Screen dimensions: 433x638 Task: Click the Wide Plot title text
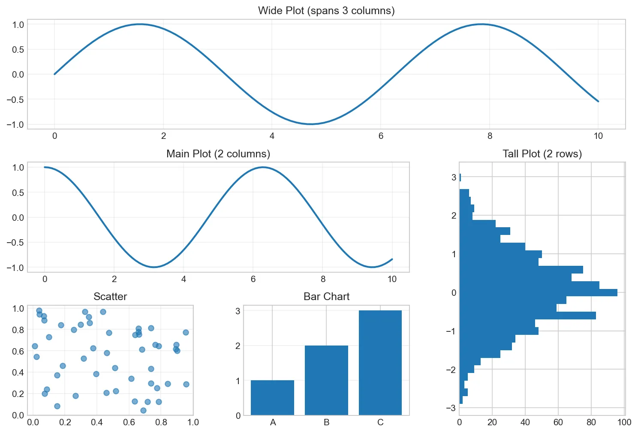(x=326, y=11)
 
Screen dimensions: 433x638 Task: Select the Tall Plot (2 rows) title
(x=542, y=154)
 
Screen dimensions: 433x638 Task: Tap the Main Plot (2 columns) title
(x=218, y=154)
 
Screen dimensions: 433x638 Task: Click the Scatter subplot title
(x=110, y=297)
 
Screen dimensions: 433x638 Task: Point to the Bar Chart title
(x=326, y=297)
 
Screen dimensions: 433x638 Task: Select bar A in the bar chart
(x=272, y=397)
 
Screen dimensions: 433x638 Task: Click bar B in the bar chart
(x=326, y=380)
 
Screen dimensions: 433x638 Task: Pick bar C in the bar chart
(x=380, y=363)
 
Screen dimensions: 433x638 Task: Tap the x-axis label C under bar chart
(x=380, y=423)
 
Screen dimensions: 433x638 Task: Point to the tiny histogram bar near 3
(x=460, y=177)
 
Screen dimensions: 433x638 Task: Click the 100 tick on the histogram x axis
(x=624, y=423)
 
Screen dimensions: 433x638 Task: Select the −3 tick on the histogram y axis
(x=450, y=408)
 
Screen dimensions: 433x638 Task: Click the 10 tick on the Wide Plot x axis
(x=598, y=136)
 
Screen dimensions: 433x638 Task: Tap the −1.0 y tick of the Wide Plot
(x=15, y=125)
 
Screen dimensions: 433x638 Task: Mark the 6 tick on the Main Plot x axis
(x=253, y=280)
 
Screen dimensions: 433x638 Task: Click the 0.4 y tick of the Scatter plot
(x=18, y=373)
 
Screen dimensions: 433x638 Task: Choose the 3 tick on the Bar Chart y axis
(x=238, y=311)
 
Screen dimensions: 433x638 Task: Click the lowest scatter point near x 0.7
(x=143, y=410)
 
